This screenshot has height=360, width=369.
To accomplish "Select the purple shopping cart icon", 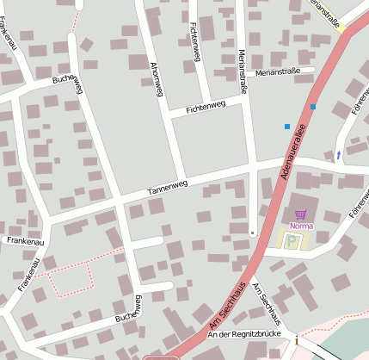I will (300, 215).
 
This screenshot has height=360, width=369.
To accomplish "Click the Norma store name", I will (301, 226).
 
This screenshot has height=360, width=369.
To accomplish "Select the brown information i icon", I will (297, 341).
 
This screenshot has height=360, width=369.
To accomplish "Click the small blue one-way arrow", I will (338, 155).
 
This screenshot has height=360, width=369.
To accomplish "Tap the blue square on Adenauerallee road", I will (313, 107).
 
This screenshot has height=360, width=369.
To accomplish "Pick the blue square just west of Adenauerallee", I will (287, 127).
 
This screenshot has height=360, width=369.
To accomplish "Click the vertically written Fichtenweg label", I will (194, 40).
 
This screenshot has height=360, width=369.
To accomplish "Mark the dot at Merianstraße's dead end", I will (251, 233).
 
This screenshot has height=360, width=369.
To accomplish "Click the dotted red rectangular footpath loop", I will (71, 276).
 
